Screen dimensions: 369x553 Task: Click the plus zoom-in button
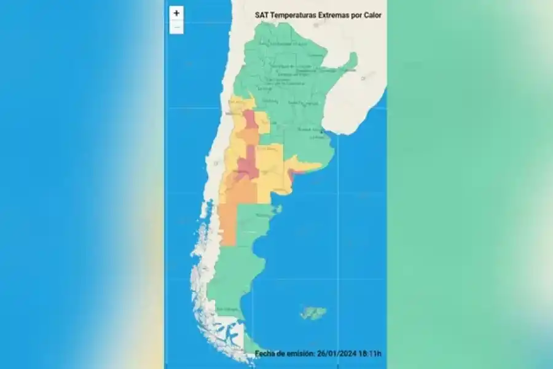(176, 13)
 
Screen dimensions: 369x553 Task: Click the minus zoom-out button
(176, 27)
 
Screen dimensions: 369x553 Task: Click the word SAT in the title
(262, 15)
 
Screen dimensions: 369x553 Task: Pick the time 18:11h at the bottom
(369, 353)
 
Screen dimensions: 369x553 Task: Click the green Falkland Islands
(313, 313)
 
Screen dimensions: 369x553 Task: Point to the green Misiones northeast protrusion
(351, 60)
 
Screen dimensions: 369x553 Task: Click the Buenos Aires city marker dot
(321, 131)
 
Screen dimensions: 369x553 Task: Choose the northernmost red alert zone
(249, 118)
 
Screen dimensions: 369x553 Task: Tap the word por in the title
(357, 15)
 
